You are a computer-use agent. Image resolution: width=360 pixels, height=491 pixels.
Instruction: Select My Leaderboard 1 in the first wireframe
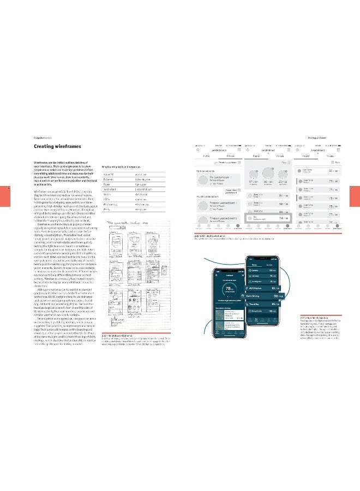[x=220, y=178]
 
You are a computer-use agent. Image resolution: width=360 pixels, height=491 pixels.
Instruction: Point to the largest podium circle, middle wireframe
[x=268, y=173]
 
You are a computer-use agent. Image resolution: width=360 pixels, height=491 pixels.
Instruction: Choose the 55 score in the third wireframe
[x=334, y=171]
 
